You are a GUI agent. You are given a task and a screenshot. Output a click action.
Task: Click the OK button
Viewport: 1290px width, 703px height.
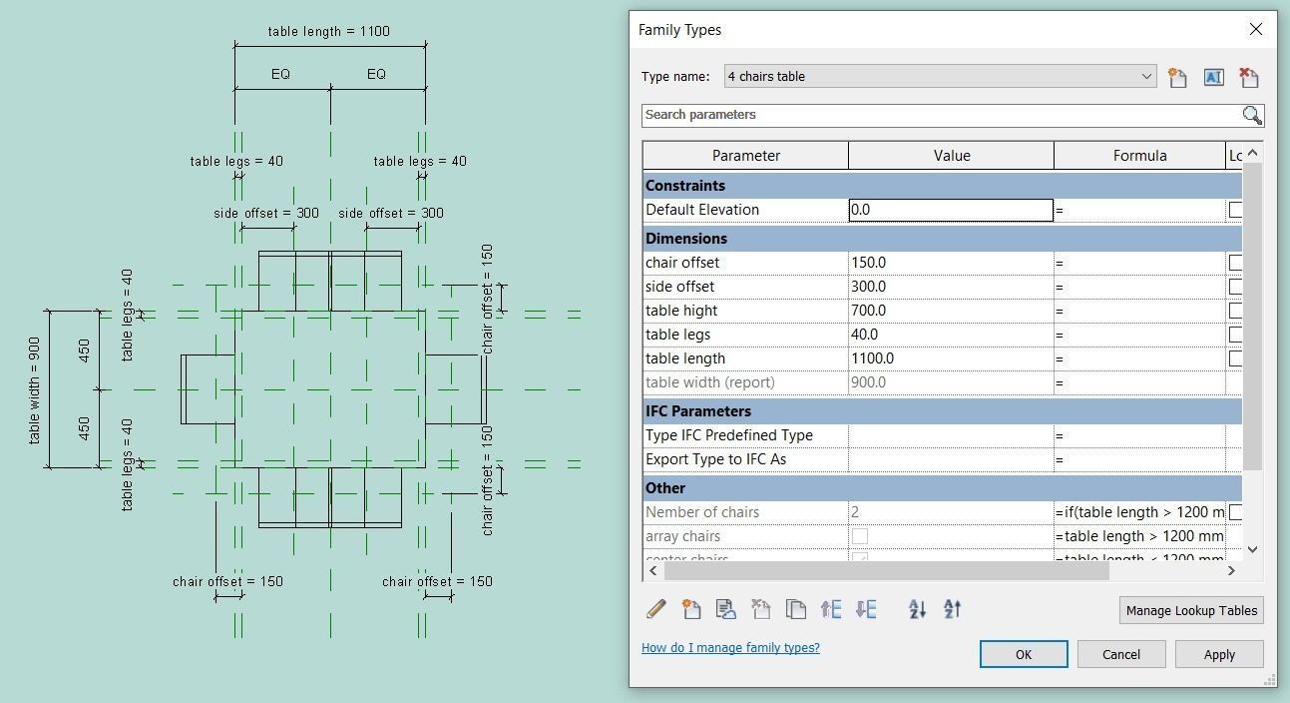point(1023,654)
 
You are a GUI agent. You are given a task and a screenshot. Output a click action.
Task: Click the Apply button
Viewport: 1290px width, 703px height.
point(1218,654)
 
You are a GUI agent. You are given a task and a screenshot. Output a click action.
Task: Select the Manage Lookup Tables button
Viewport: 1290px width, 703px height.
point(1190,610)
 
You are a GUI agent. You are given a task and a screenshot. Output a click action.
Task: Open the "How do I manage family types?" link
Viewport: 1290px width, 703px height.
point(730,647)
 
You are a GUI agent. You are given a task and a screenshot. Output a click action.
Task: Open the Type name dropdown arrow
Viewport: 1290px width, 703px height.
point(1146,76)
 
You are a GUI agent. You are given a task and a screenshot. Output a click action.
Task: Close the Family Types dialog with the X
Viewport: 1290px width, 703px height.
point(1255,29)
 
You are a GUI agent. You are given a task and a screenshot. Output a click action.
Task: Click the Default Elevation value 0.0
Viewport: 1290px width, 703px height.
point(950,210)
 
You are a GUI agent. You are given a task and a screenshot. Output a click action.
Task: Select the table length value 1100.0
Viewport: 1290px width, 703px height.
point(950,358)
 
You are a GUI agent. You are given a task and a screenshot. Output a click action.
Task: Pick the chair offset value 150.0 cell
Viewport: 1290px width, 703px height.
point(950,263)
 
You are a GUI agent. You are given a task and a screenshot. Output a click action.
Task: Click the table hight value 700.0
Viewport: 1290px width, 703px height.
point(950,311)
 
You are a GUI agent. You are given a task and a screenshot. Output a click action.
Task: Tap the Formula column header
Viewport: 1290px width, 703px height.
point(1139,156)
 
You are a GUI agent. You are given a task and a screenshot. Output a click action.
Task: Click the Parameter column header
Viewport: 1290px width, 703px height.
point(745,156)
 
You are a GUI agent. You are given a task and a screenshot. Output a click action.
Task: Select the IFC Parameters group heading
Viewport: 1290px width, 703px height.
point(698,411)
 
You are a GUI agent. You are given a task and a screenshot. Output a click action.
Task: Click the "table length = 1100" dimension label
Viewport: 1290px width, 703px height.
point(328,31)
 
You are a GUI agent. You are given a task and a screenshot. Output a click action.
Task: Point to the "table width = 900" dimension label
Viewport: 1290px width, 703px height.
point(35,389)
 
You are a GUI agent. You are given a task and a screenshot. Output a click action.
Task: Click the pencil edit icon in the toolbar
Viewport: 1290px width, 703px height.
point(655,609)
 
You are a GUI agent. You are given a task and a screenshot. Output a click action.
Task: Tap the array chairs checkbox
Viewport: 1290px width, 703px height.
point(859,536)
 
